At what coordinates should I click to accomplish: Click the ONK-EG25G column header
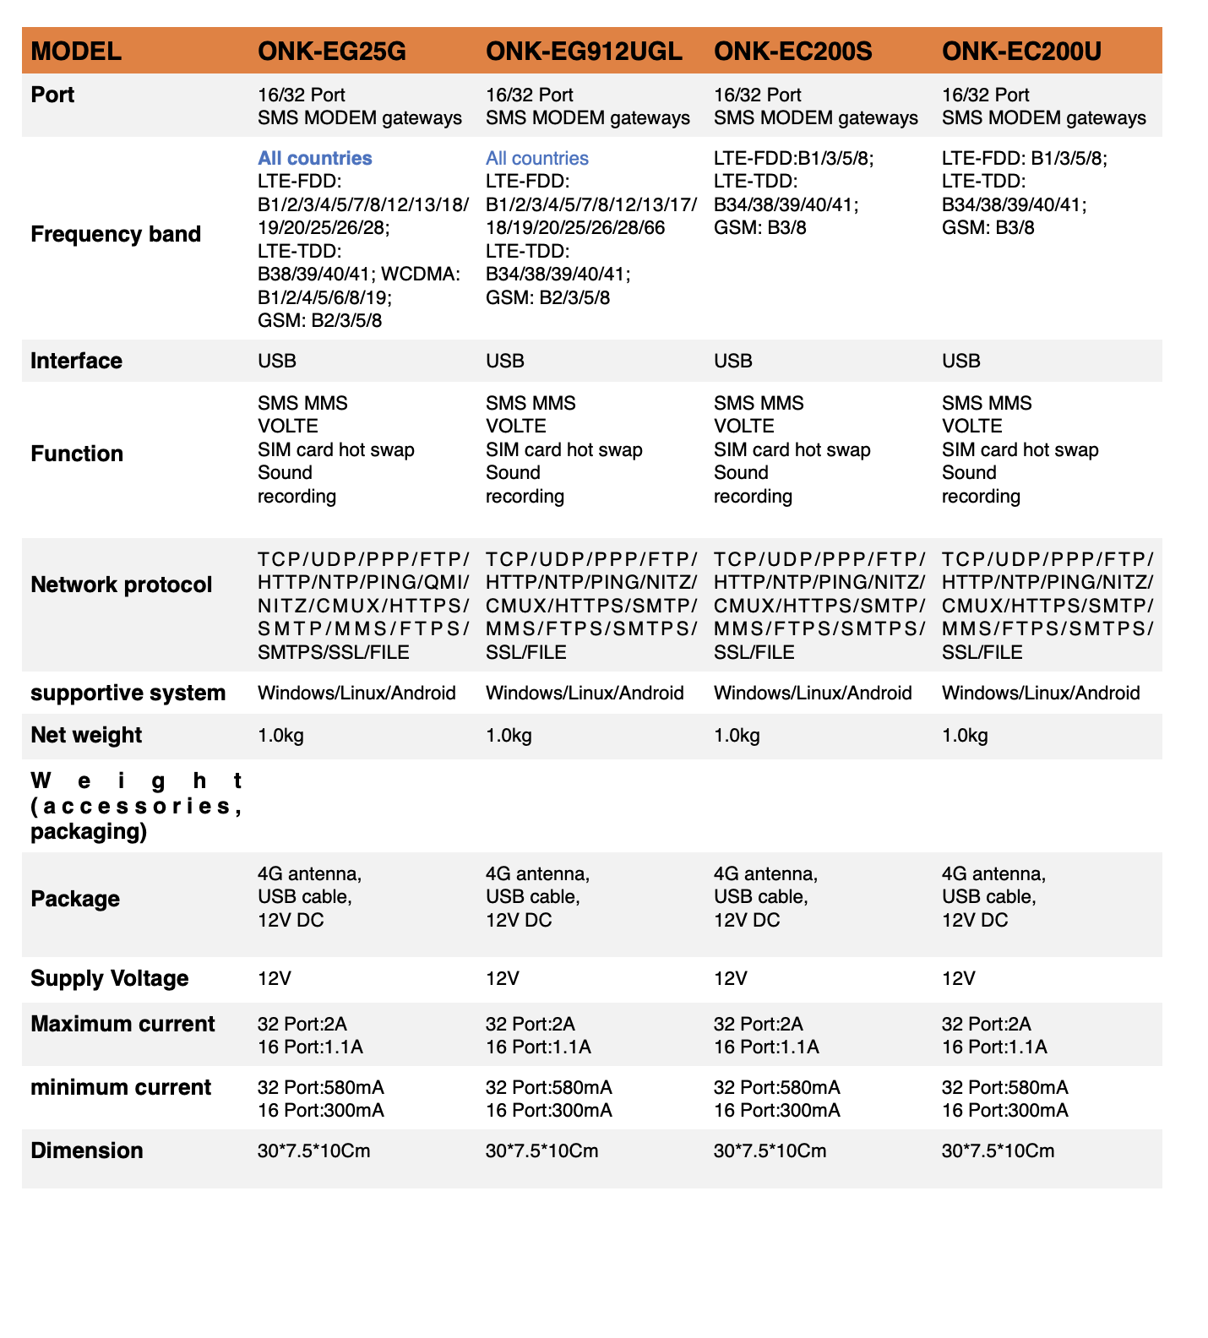[332, 52]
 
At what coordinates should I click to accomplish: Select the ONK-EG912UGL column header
[584, 52]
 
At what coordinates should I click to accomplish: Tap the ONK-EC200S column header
[792, 52]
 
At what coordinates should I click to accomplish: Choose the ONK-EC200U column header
[1021, 52]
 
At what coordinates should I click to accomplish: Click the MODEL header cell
[76, 52]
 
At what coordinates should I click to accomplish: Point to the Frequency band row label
[116, 234]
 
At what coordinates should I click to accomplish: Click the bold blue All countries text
[315, 158]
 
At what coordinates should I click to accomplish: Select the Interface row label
[76, 361]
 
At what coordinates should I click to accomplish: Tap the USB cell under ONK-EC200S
[732, 361]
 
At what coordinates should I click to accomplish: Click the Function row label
[77, 454]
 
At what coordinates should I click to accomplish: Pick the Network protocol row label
[122, 585]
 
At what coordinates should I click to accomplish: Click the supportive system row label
[128, 693]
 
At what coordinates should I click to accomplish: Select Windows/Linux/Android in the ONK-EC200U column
[1041, 693]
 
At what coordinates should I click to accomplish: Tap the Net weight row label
[86, 735]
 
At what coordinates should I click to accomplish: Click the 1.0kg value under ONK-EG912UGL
[509, 735]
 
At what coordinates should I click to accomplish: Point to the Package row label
[75, 899]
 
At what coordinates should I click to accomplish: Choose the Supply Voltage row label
[110, 978]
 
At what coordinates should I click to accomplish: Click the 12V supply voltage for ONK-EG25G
[275, 978]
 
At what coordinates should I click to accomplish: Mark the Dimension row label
[87, 1150]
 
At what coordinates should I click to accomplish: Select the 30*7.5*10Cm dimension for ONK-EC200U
[998, 1150]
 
